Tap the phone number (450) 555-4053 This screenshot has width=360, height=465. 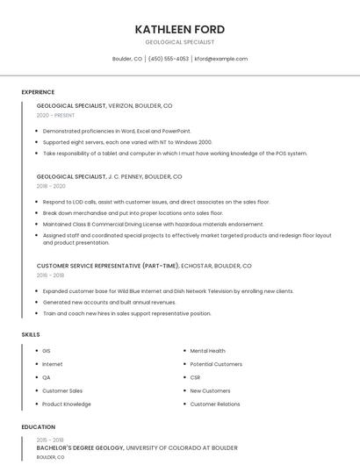(x=169, y=59)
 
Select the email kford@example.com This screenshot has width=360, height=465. (x=221, y=59)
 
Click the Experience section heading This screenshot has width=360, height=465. (x=38, y=92)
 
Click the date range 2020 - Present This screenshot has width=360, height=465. (x=55, y=115)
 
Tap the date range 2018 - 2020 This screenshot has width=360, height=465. (x=51, y=186)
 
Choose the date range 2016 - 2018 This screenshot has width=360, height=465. (x=50, y=275)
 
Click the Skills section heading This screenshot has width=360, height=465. (x=31, y=334)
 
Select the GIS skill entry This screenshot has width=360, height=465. (x=47, y=351)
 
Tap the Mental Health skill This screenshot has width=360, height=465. (x=207, y=351)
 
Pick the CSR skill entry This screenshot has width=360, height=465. (x=195, y=377)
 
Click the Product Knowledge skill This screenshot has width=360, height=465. (x=67, y=404)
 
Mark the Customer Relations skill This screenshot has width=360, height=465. (x=215, y=404)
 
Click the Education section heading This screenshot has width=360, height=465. (x=38, y=427)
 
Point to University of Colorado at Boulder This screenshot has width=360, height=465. (x=182, y=447)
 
